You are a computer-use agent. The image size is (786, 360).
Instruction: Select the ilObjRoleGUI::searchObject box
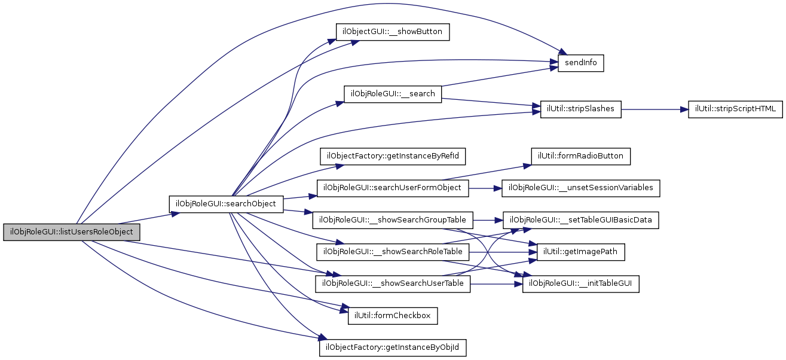click(225, 204)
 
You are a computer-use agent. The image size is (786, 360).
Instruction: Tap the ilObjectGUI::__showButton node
click(392, 32)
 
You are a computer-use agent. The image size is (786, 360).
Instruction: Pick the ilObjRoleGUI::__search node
click(393, 94)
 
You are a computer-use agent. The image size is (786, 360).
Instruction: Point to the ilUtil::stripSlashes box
click(581, 109)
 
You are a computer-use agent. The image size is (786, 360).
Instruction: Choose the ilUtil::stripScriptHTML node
click(735, 109)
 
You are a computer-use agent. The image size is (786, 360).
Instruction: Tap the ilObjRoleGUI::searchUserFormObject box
click(392, 188)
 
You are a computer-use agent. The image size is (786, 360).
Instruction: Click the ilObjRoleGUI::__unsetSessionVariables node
click(581, 188)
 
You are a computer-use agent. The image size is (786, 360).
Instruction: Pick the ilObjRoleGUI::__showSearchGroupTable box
click(393, 219)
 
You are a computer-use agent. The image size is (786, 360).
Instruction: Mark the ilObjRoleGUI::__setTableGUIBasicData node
click(581, 219)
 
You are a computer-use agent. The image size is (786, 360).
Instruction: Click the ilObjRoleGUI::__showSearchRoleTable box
click(393, 251)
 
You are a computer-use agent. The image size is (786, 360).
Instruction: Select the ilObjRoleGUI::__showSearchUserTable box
click(393, 283)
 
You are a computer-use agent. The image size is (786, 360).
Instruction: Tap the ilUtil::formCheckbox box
click(393, 315)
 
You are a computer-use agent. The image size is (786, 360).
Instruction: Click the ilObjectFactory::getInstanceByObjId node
click(393, 347)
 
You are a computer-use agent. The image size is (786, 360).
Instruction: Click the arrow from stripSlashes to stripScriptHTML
click(655, 110)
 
